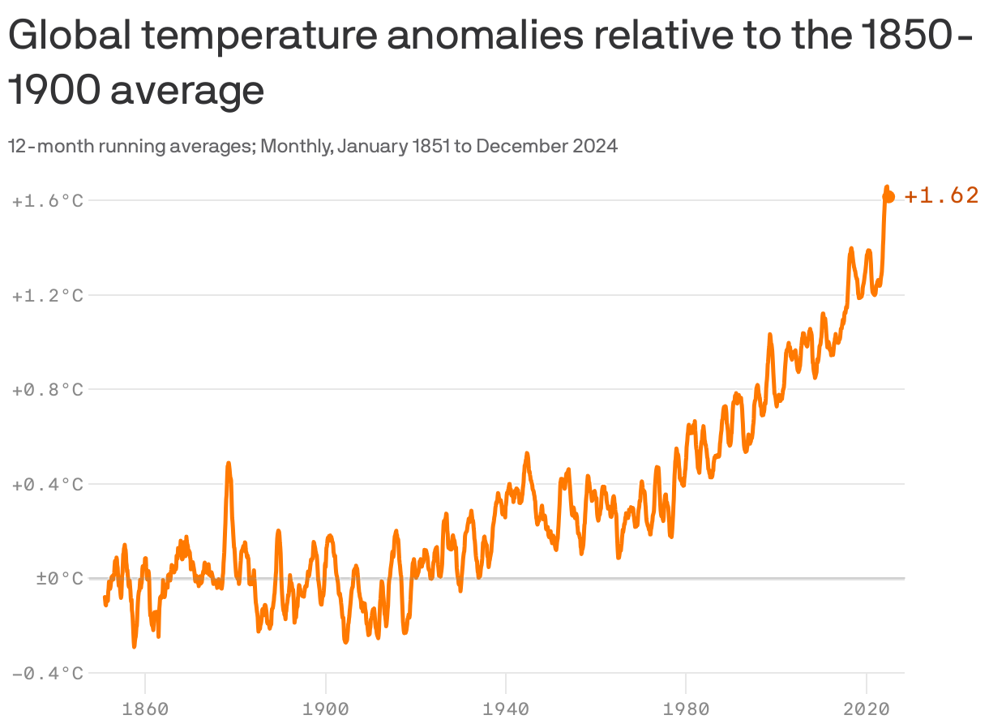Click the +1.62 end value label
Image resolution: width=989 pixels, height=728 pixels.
(x=941, y=195)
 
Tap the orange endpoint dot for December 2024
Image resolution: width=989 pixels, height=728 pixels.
(x=888, y=196)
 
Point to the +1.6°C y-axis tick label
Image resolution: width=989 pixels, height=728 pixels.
(x=48, y=200)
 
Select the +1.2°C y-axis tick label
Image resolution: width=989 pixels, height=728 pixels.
(x=48, y=295)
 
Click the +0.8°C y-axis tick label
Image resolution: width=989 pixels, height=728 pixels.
(x=48, y=389)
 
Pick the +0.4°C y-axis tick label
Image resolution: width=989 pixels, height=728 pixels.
(x=48, y=484)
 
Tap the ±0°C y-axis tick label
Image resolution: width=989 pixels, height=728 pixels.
(x=49, y=579)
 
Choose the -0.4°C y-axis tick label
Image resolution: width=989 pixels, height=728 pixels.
(x=48, y=673)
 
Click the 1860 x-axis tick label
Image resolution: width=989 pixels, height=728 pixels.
(x=145, y=709)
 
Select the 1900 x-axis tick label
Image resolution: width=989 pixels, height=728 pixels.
(x=325, y=709)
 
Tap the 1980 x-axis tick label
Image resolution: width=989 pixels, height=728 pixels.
(x=686, y=709)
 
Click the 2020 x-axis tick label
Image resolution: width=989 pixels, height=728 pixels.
(x=866, y=709)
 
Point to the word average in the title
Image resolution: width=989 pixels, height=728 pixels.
(x=187, y=91)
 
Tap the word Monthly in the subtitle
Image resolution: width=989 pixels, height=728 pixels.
(x=295, y=146)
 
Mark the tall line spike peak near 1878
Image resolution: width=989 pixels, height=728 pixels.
(x=229, y=464)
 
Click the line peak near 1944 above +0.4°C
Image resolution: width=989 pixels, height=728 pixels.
(x=527, y=454)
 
